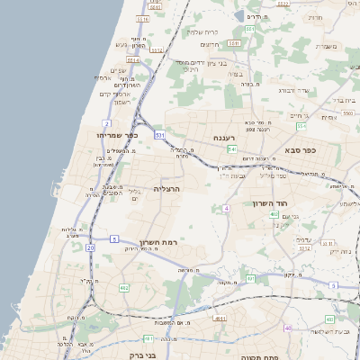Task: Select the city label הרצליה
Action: click(168, 189)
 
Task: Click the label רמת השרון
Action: click(161, 243)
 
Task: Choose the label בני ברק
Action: click(137, 342)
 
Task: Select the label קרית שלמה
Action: click(203, 31)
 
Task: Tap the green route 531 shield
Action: click(158, 134)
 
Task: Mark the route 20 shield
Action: click(90, 247)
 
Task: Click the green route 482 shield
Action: click(123, 288)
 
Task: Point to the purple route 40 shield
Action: click(288, 328)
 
